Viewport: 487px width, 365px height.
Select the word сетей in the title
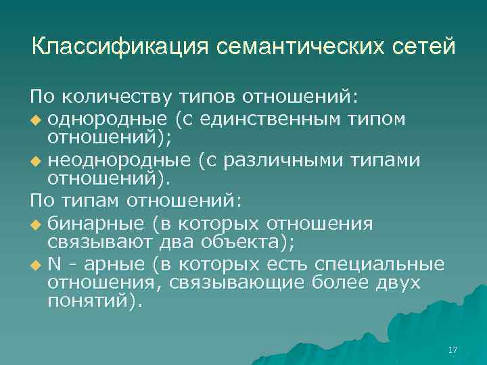tap(424, 47)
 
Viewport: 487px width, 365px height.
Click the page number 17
tap(453, 349)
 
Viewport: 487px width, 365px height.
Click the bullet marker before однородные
tap(36, 120)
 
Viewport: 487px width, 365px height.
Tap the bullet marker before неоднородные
tap(36, 162)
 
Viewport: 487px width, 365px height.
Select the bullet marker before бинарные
tap(36, 224)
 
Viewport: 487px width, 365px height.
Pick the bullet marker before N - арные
tap(36, 265)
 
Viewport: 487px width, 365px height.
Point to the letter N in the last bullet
tap(53, 264)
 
